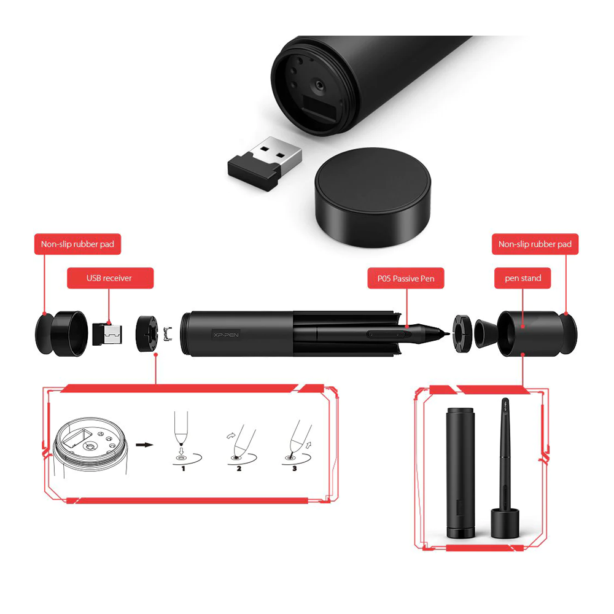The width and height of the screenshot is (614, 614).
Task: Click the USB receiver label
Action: pos(110,278)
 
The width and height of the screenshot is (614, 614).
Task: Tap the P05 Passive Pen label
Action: pos(406,278)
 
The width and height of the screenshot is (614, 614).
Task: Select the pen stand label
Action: pos(523,278)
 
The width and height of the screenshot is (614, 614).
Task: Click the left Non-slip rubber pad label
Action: pos(77,244)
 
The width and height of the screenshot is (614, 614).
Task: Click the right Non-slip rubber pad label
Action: pos(535,244)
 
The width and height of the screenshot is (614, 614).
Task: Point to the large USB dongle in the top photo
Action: pos(265,163)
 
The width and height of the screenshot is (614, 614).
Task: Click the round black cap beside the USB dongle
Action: pos(373,197)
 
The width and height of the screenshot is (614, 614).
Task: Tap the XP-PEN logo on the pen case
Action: pos(226,335)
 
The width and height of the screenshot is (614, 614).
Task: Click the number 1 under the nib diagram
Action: pos(183,468)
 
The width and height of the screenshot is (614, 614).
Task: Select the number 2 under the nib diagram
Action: pos(239,468)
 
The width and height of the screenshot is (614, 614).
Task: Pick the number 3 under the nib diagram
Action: pos(295,468)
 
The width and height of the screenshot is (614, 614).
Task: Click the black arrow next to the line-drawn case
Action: pos(144,445)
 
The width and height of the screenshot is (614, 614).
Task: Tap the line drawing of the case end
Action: pos(90,446)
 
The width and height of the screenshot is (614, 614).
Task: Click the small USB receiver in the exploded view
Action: pos(107,334)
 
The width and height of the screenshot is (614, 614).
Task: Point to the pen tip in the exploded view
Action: pos(446,333)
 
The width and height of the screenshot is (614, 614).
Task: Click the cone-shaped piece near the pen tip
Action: pos(486,333)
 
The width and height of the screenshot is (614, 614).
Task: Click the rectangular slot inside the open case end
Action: pos(319,109)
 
